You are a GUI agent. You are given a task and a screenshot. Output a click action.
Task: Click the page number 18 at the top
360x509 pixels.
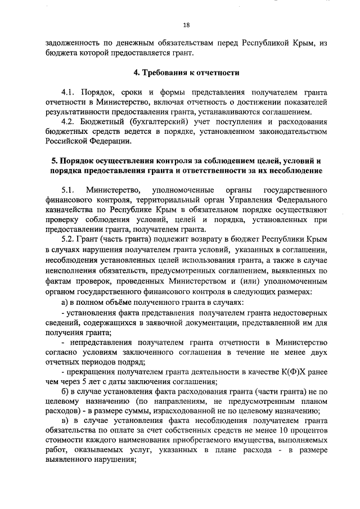[x=186, y=24]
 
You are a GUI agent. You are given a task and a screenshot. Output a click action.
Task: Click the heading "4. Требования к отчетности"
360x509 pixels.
[x=186, y=73]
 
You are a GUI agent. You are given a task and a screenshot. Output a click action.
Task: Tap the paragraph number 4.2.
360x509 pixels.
[x=69, y=121]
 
